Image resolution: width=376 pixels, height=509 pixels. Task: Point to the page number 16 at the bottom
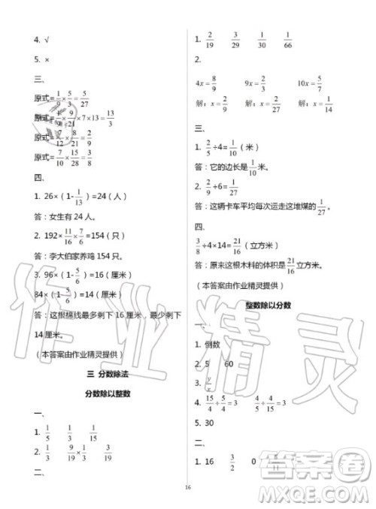pos(188,487)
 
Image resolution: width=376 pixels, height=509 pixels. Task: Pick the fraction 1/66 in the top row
pos(289,41)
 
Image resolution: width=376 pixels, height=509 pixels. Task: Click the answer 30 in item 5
pos(213,423)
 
